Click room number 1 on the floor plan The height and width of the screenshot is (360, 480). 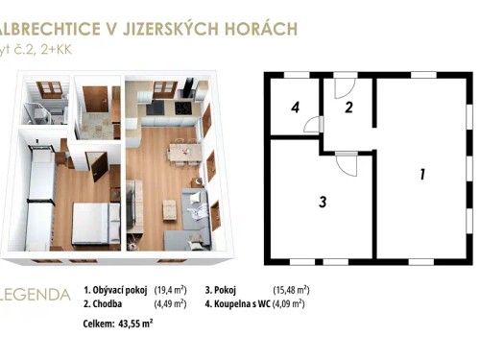click(420, 174)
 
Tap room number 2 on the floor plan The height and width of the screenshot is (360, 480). click(349, 108)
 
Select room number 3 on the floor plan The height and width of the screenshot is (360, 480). click(324, 202)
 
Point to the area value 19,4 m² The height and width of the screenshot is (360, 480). click(172, 289)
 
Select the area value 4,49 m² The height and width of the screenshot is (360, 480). click(171, 303)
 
